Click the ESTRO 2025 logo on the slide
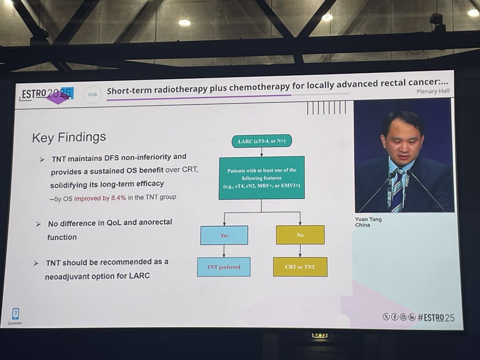(46, 94)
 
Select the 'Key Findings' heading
(69, 137)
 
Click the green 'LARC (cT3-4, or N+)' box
(262, 141)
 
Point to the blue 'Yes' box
(224, 235)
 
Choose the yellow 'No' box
(300, 235)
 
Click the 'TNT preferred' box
(224, 267)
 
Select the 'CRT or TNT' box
(300, 267)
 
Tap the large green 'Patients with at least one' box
(262, 178)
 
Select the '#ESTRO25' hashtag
(436, 318)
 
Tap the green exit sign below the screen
(320, 336)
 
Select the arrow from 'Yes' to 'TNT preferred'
(224, 251)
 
